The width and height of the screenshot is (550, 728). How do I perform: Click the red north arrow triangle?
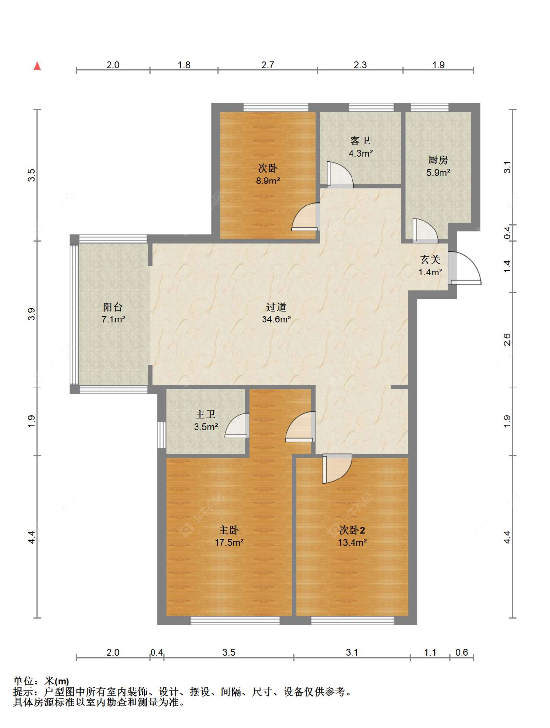(x=37, y=66)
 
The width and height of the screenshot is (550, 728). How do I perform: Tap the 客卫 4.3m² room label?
(x=360, y=147)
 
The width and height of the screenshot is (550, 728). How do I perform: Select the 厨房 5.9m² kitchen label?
(x=438, y=166)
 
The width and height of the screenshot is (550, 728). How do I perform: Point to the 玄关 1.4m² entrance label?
(x=430, y=265)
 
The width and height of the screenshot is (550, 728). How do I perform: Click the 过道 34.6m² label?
(x=276, y=313)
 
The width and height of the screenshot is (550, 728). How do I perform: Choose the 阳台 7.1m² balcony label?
(x=113, y=313)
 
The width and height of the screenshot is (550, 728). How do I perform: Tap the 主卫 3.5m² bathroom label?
(x=205, y=420)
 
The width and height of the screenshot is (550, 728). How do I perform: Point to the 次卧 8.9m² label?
(x=268, y=175)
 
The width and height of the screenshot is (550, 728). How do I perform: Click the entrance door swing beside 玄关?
(x=464, y=268)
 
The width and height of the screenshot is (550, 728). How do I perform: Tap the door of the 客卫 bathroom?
(x=340, y=175)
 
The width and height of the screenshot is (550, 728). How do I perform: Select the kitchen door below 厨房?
(x=425, y=230)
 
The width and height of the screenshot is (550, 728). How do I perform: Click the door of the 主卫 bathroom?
(x=237, y=426)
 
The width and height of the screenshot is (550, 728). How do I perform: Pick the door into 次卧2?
(x=337, y=468)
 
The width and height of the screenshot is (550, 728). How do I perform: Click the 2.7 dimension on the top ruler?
(x=267, y=65)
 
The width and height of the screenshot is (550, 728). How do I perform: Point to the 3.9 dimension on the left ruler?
(x=31, y=314)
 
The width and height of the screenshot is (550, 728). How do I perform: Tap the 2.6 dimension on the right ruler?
(x=507, y=340)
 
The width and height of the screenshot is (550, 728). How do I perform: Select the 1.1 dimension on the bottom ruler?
(x=430, y=652)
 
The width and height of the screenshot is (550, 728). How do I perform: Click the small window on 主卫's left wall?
(x=161, y=435)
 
